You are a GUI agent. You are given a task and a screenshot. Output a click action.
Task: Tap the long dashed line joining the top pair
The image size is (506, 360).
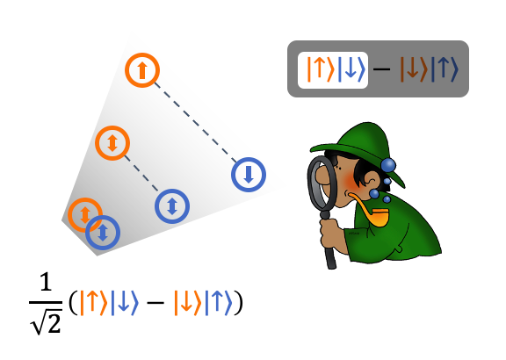(x=196, y=123)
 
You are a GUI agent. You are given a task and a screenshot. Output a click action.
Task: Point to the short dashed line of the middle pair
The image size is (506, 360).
(x=141, y=173)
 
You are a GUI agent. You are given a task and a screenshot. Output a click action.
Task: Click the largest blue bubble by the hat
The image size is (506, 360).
(x=388, y=165)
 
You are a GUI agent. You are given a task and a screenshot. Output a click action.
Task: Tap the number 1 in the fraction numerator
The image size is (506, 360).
(x=46, y=282)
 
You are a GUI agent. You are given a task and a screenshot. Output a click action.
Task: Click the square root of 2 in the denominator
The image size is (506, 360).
(x=46, y=322)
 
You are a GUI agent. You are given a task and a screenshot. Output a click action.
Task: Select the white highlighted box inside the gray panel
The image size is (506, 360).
(x=333, y=70)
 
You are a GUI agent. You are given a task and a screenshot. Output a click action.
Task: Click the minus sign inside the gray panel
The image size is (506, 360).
(x=381, y=68)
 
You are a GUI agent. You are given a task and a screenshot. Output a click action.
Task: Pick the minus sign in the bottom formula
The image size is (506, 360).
(x=155, y=303)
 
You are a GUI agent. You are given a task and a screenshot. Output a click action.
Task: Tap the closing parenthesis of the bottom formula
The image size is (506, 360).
(x=238, y=303)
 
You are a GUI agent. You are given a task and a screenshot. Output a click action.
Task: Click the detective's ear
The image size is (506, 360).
(x=371, y=179)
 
